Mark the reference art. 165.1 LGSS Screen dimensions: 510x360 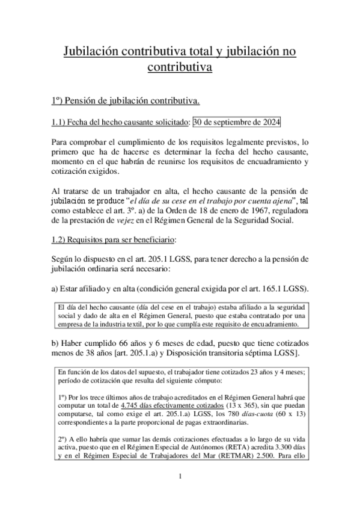coord(275,288)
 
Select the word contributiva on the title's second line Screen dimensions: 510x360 coord(180,67)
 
